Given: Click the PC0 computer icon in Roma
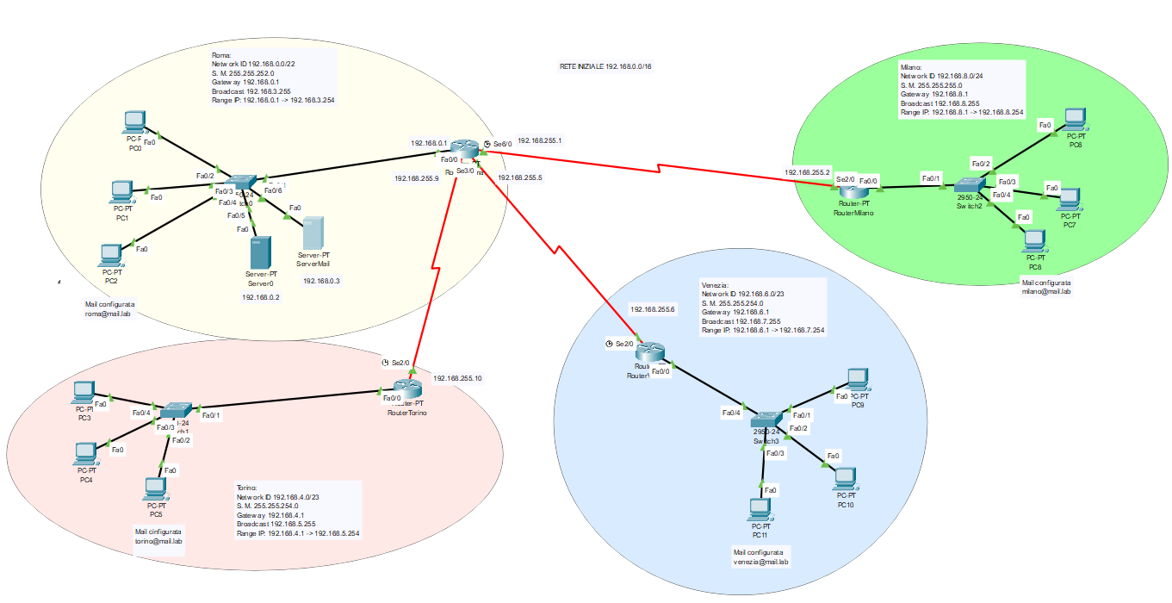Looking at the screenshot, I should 134,121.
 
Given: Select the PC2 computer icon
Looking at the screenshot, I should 110,254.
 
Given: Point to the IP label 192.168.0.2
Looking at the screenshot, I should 261,296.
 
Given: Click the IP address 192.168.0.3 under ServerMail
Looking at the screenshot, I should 321,280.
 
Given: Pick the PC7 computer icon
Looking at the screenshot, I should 1070,199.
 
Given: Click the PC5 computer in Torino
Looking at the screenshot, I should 155,488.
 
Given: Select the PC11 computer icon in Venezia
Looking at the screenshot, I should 759,508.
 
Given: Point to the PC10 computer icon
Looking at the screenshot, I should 846,477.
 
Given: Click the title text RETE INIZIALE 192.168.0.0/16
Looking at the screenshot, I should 605,66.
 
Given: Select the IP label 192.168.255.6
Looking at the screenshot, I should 653,309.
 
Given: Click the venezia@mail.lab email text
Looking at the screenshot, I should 760,562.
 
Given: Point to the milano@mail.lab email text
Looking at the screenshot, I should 1045,292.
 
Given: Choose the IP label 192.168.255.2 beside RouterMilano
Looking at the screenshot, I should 807,172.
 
